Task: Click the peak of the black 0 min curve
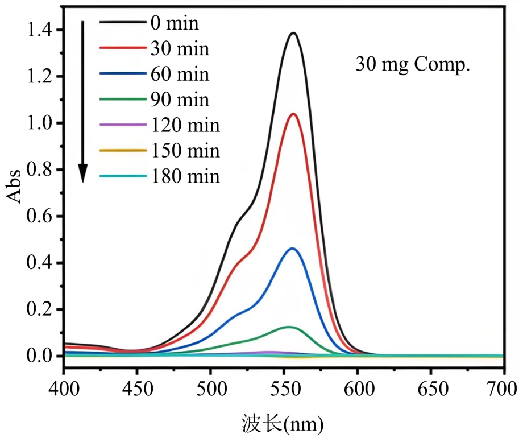(294, 33)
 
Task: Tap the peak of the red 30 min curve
(293, 114)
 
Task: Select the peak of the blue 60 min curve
(293, 249)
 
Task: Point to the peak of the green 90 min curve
(289, 327)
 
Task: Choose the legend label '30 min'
(180, 49)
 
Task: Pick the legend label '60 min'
(180, 75)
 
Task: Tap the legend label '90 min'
(180, 100)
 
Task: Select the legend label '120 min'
(185, 125)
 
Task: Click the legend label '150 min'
(185, 151)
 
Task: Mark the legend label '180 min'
(185, 176)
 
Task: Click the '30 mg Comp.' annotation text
(413, 64)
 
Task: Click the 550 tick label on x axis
(284, 390)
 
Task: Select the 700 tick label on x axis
(503, 390)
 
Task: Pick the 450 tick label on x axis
(137, 390)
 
